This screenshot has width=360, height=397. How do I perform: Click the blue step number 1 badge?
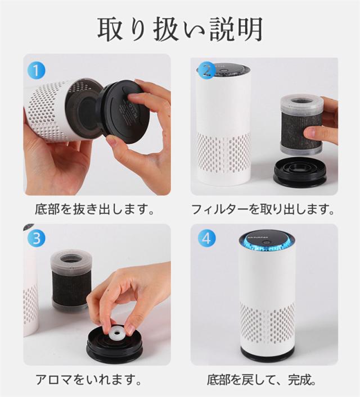click(36, 70)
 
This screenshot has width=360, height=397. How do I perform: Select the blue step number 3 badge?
click(36, 239)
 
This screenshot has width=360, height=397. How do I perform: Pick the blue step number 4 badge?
click(207, 239)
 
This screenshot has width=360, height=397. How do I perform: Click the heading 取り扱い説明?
click(180, 29)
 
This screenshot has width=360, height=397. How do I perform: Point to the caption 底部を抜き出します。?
click(95, 209)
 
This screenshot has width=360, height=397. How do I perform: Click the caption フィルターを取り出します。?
click(263, 209)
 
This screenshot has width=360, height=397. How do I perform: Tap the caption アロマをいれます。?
click(88, 379)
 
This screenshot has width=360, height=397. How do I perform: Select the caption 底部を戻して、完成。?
click(262, 379)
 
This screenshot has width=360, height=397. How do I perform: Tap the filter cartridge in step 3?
click(71, 279)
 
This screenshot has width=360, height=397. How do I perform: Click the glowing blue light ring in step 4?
click(267, 244)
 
